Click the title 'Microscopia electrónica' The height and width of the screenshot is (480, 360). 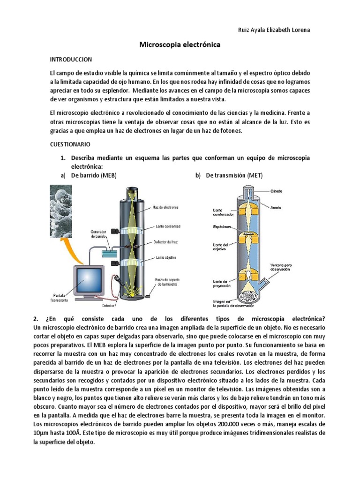tap(180, 45)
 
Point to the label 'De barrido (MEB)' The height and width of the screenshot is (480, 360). tap(93, 175)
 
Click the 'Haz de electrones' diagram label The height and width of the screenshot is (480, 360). tap(165, 207)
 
